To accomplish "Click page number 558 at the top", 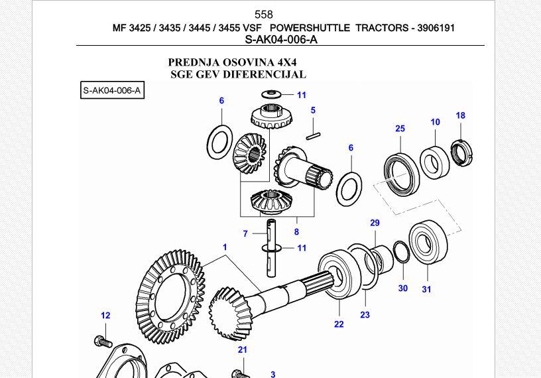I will [x=263, y=15].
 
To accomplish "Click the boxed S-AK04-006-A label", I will [x=112, y=90].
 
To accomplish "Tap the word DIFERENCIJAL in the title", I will [x=264, y=74].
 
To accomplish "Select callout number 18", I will [x=460, y=115].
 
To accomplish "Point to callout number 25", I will [x=400, y=129].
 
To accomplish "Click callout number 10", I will [x=435, y=122].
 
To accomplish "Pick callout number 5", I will [x=313, y=111].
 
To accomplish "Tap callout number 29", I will [x=375, y=223].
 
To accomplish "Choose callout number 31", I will [x=426, y=288].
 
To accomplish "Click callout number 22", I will [x=339, y=324].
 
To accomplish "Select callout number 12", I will [x=105, y=316].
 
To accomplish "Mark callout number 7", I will [x=245, y=233].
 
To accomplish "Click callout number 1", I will [x=225, y=247].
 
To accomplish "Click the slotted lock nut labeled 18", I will [x=459, y=152].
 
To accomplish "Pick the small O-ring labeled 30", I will [x=400, y=252].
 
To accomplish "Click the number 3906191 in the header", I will [x=433, y=28].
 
